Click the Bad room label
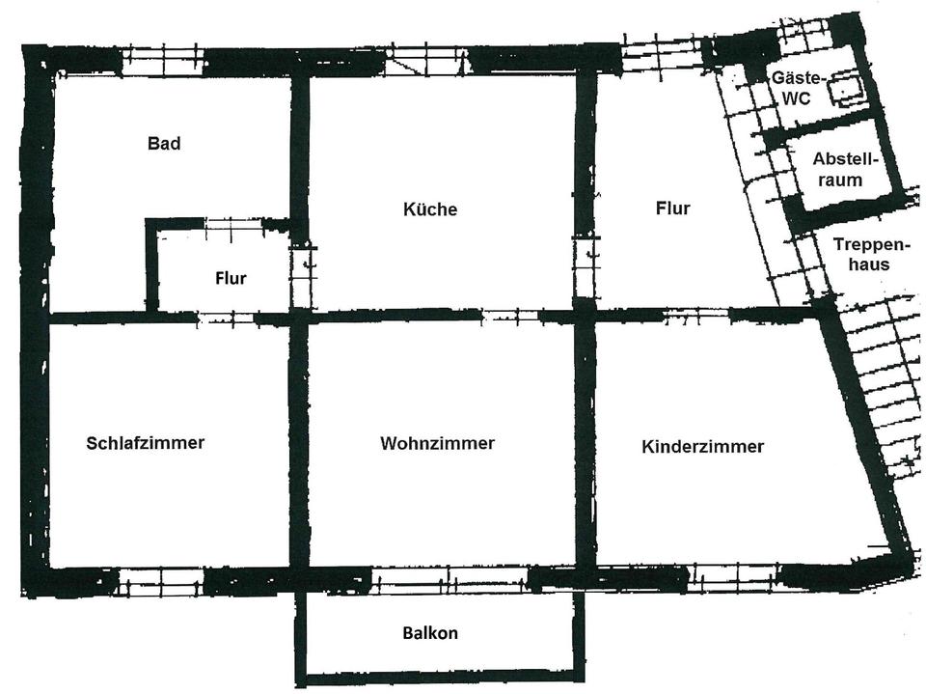click(164, 144)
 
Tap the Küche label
click(430, 209)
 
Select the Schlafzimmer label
click(145, 443)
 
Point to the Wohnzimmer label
click(437, 443)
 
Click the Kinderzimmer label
click(702, 446)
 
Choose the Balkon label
click(430, 633)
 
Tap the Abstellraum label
click(837, 169)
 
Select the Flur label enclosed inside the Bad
click(231, 279)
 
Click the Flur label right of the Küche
click(672, 208)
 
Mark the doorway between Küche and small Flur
click(302, 277)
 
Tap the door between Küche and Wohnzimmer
click(509, 315)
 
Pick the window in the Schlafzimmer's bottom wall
click(160, 581)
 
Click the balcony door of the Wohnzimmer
click(449, 579)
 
